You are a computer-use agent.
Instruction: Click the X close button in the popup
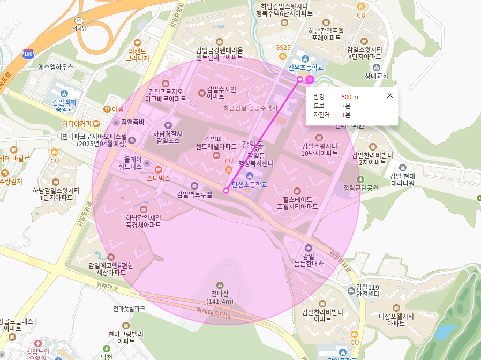pos(390,95)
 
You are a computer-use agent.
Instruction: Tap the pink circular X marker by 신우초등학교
pos(310,80)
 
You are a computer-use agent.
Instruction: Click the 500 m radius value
pos(350,97)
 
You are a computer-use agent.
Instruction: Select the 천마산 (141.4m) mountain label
pos(219,297)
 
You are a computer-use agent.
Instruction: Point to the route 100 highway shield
pos(28,54)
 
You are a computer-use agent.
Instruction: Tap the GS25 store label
pos(283,48)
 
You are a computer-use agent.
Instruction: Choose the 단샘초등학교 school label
pos(249,185)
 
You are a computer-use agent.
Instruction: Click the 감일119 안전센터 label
pos(367,290)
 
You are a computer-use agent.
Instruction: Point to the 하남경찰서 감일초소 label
pos(168,137)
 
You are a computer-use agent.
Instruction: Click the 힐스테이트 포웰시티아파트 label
pos(297,202)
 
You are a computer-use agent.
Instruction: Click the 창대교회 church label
pos(376,76)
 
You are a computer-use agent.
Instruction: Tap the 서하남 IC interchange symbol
pos(79,20)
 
